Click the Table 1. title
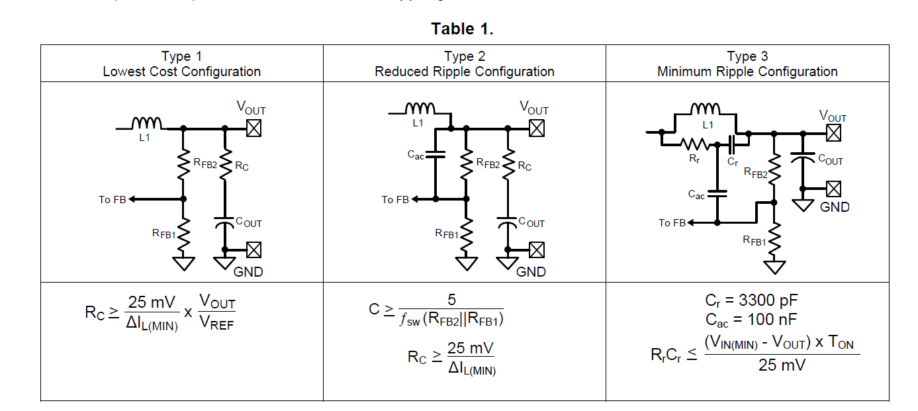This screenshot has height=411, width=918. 462,29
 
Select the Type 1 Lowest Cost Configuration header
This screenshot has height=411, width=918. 181,64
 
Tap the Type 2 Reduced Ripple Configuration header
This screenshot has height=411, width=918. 464,64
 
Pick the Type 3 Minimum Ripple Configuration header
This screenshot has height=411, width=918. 747,64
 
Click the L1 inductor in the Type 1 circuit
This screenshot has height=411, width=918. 147,124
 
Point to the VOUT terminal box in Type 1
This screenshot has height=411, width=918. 253,128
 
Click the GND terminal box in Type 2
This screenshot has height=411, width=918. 537,250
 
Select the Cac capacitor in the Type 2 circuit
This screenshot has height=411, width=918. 435,156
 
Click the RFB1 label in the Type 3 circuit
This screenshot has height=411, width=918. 755,241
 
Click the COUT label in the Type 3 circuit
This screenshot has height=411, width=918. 831,160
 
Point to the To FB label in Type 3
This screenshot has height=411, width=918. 672,223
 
